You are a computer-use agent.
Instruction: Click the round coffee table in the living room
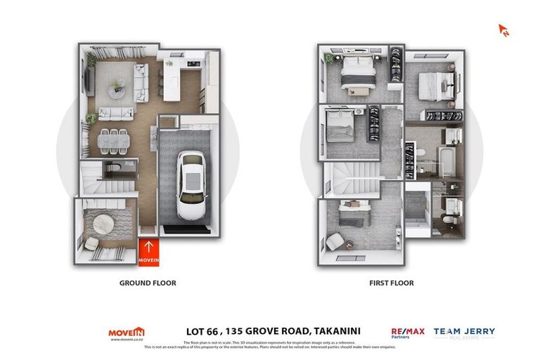click(x=117, y=86)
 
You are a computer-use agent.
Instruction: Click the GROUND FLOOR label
click(x=148, y=283)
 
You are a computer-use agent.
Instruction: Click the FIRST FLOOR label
click(x=391, y=283)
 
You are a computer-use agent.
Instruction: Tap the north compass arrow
click(x=503, y=30)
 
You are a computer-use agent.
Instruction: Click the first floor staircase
click(x=345, y=179)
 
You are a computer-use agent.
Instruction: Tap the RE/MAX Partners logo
click(x=407, y=333)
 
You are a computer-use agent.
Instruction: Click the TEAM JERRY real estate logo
click(x=464, y=333)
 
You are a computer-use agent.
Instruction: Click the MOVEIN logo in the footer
click(x=126, y=333)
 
